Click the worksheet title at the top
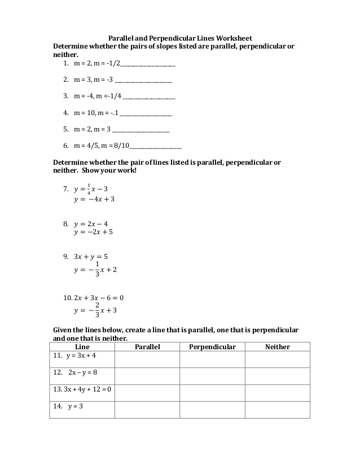[180, 38]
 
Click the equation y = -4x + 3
[94, 199]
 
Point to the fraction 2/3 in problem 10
[97, 310]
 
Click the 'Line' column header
[82, 347]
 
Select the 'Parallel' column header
[147, 347]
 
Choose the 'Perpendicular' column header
[212, 347]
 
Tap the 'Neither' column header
[277, 347]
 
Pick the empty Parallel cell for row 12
[147, 376]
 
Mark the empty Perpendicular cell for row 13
[212, 393]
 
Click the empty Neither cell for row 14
[277, 410]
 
